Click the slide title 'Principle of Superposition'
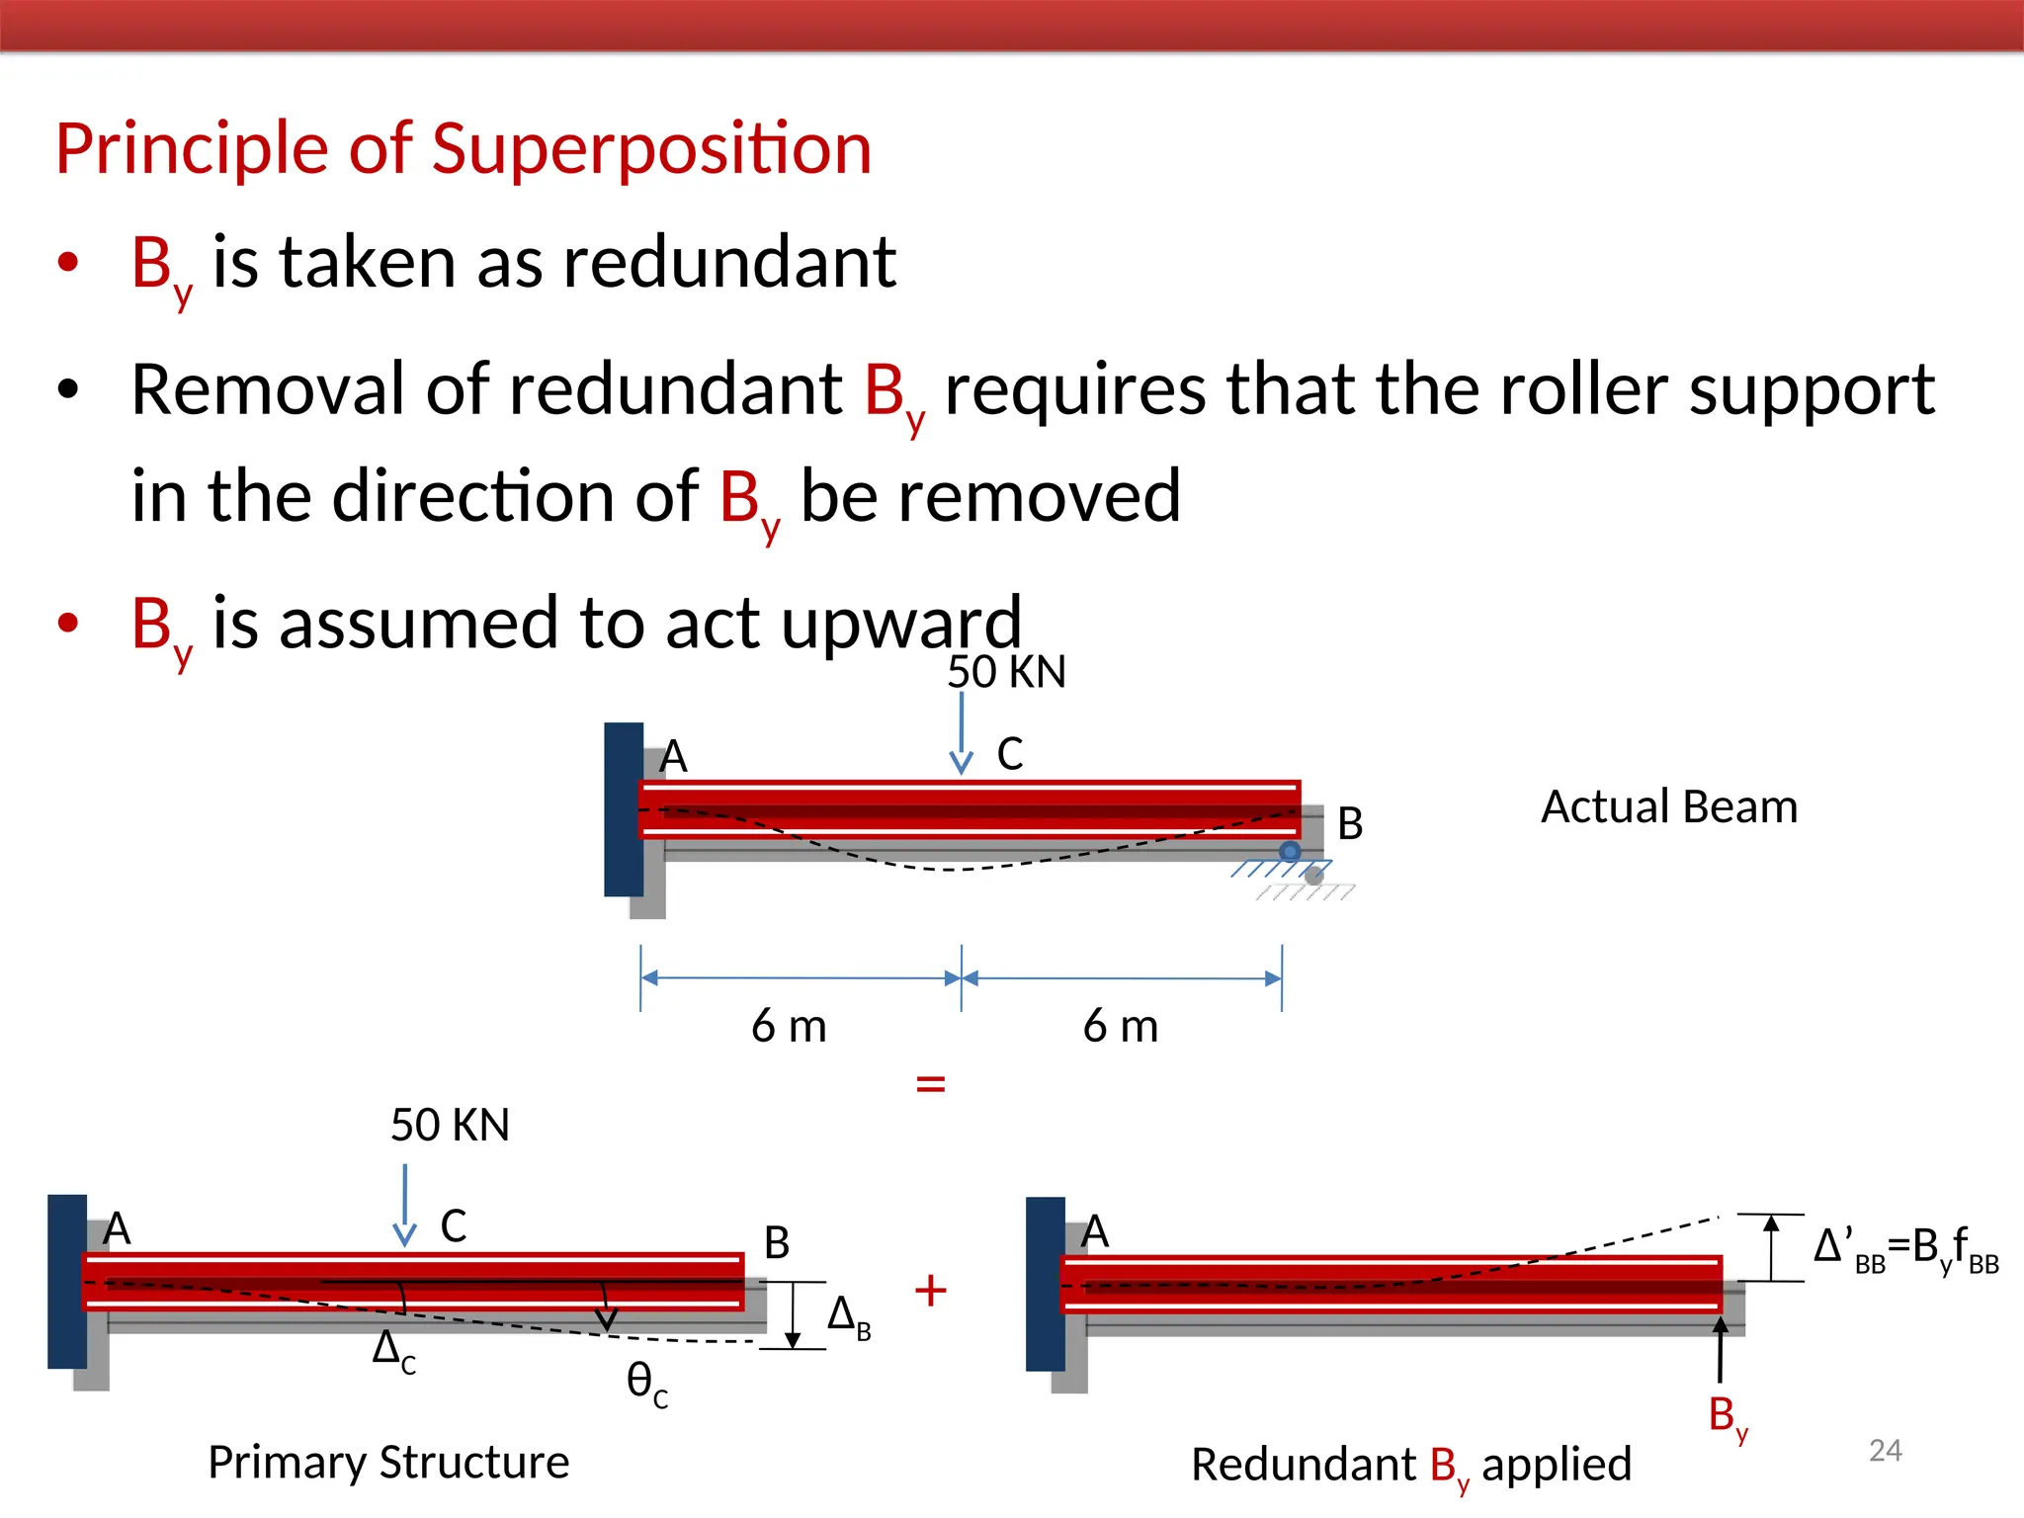[464, 149]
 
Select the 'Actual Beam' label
[1669, 806]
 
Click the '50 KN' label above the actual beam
[1006, 672]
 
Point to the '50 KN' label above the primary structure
[450, 1125]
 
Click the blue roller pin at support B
[1290, 851]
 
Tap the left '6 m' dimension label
[789, 1026]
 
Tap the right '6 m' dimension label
[1121, 1026]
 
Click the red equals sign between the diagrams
[931, 1084]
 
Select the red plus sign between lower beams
[931, 1290]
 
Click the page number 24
[1886, 1450]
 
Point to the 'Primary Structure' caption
[388, 1462]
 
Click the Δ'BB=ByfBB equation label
[1905, 1249]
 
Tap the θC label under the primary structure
[647, 1382]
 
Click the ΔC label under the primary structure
[393, 1350]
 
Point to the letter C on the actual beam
[1010, 754]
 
